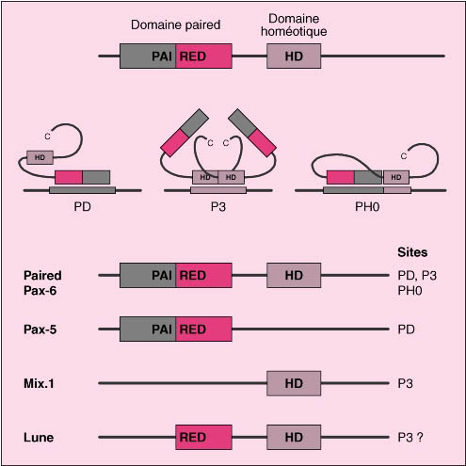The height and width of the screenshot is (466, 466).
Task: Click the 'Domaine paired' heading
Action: (x=175, y=25)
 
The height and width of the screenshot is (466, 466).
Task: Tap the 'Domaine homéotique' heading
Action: (x=294, y=25)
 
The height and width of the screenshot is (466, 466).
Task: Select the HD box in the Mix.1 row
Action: (x=294, y=383)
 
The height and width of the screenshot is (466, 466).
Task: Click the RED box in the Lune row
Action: (x=203, y=437)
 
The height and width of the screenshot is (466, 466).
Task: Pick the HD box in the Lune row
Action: (x=294, y=437)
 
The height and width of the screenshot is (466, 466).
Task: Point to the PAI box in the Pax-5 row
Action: (x=148, y=329)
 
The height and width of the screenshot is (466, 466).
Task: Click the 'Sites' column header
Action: (x=412, y=252)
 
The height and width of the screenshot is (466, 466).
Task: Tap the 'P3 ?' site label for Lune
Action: (x=410, y=437)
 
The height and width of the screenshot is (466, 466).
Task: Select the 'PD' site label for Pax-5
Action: (x=406, y=329)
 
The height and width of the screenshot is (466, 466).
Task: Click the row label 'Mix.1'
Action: (x=39, y=383)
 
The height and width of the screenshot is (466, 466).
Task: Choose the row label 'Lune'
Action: (x=39, y=438)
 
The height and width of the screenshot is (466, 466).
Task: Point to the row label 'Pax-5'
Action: (x=40, y=329)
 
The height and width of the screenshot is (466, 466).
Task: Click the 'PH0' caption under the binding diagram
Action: (x=367, y=207)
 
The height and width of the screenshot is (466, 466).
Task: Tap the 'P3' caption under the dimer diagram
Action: (x=218, y=207)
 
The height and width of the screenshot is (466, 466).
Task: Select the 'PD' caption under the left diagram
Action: (x=82, y=207)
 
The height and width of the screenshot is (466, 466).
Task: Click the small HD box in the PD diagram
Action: (x=40, y=157)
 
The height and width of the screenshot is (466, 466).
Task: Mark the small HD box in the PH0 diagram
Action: (x=396, y=177)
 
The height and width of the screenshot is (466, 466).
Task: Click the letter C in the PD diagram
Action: (x=47, y=137)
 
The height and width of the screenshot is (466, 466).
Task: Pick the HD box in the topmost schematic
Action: (x=294, y=56)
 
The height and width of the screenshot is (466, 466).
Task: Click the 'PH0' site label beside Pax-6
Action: (x=410, y=291)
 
